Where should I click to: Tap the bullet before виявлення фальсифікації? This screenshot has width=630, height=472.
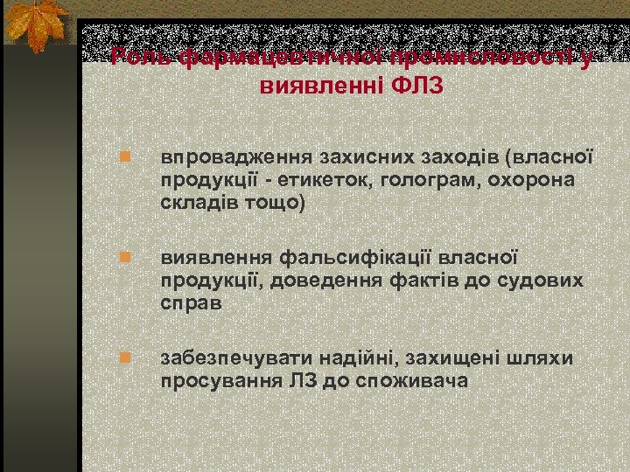coord(125,258)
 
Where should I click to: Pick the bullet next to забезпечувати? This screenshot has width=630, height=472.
coord(125,357)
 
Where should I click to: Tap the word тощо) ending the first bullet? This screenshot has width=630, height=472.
coord(278,203)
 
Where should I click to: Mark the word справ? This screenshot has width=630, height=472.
coord(192,302)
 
